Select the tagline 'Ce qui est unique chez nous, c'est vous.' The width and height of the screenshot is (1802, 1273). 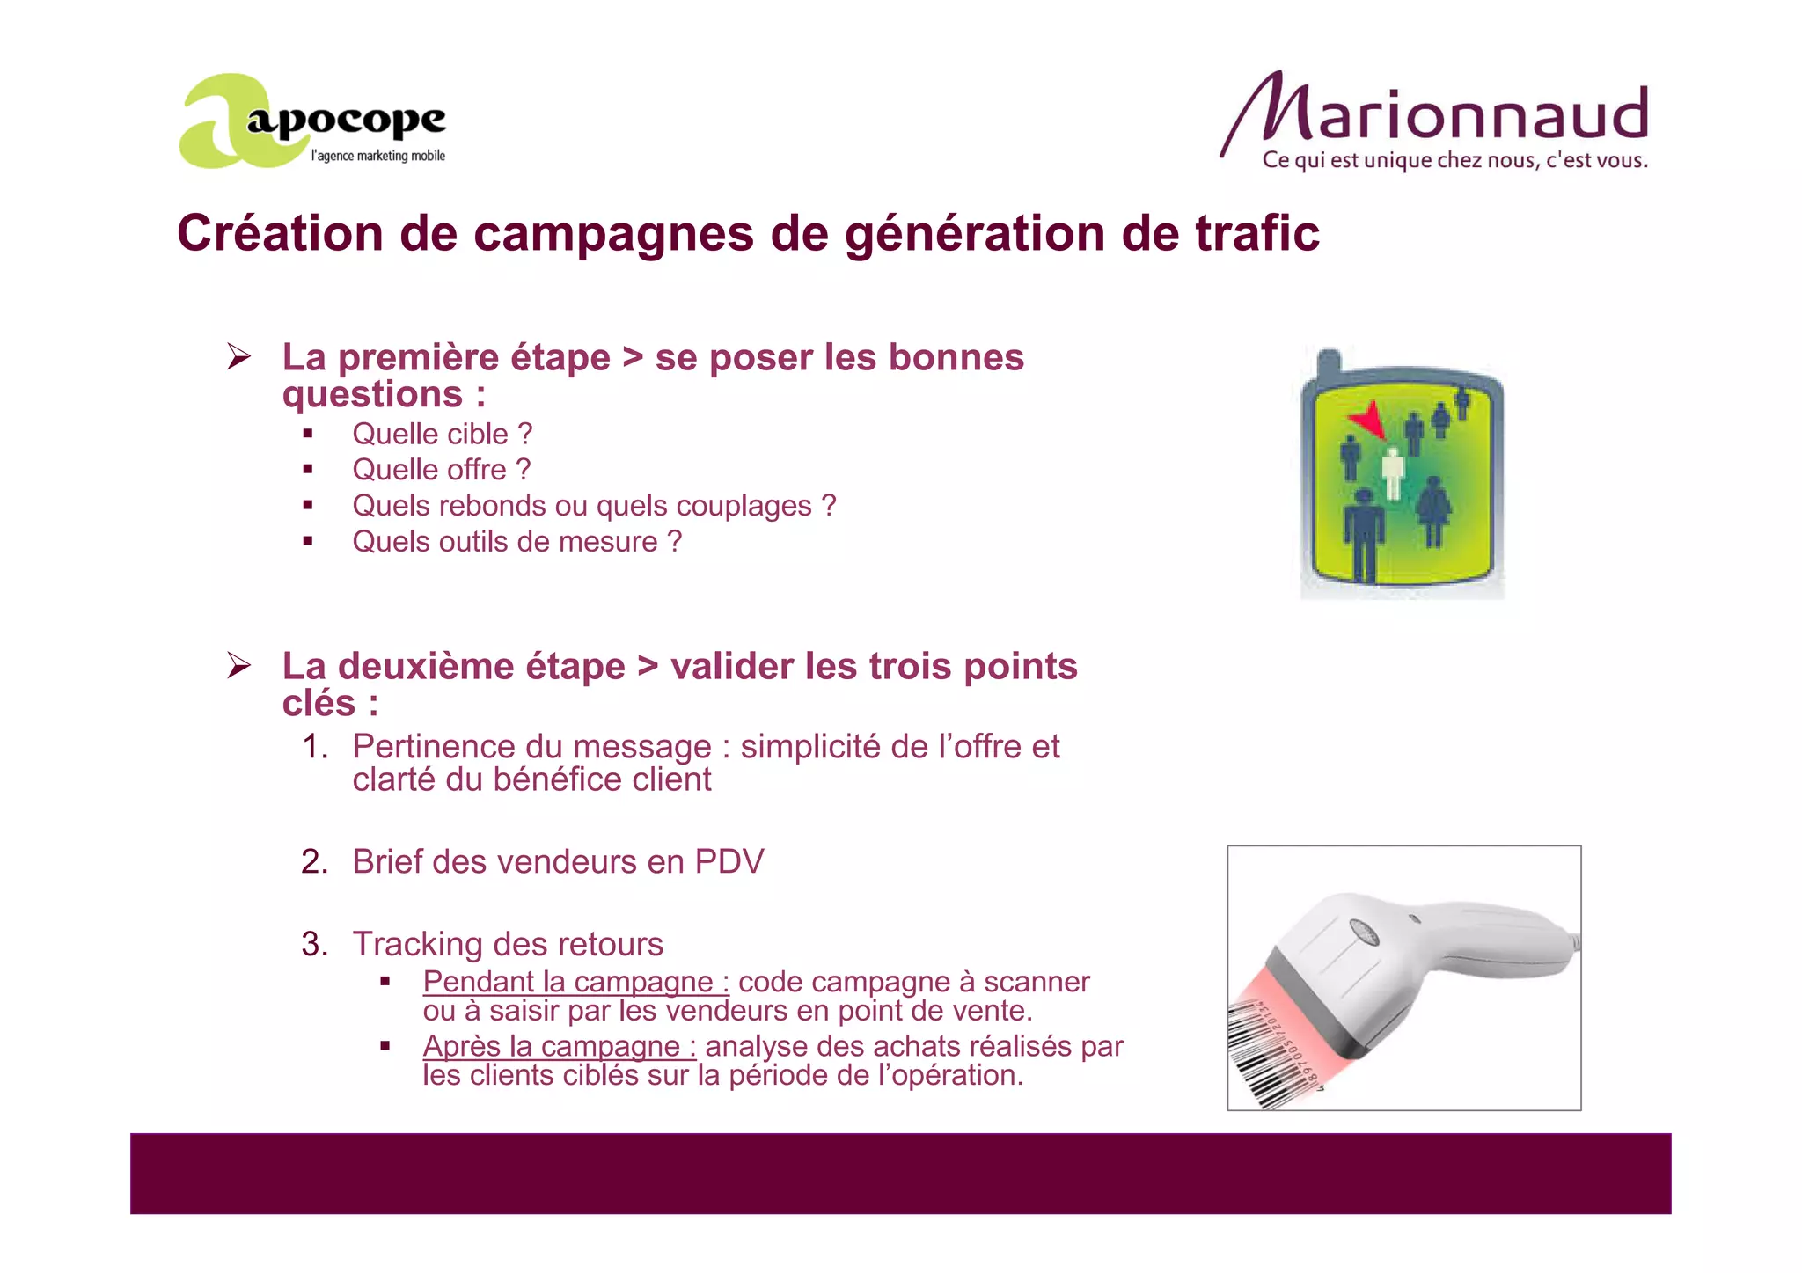(x=1454, y=160)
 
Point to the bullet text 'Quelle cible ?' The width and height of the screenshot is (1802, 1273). (x=442, y=434)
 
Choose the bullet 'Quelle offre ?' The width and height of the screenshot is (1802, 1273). (x=441, y=470)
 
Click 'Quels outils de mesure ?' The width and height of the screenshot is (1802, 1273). (x=516, y=542)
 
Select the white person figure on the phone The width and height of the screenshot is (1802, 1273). (x=1392, y=472)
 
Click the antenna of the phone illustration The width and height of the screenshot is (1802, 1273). (x=1328, y=361)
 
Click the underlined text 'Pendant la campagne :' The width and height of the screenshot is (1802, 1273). (x=575, y=982)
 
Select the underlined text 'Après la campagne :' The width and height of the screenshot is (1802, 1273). (x=559, y=1046)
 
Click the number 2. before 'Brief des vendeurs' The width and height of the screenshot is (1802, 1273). (x=314, y=862)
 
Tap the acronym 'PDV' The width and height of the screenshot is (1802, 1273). (x=729, y=862)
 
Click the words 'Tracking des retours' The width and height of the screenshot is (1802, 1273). (x=508, y=944)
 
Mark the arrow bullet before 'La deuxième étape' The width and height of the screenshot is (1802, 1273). (x=238, y=665)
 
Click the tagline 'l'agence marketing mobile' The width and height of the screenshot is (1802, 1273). (x=377, y=156)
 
